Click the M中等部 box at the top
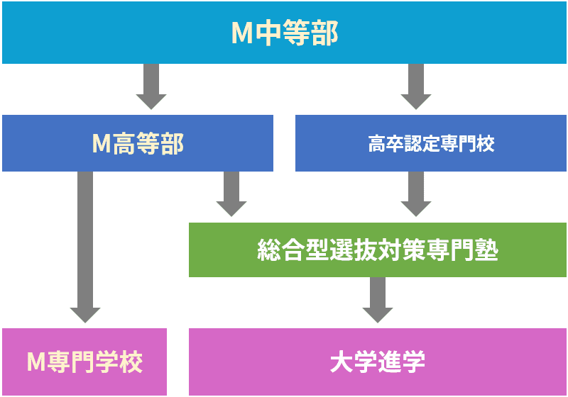[x=284, y=33]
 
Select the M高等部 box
[x=138, y=143]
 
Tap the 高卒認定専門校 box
[x=431, y=143]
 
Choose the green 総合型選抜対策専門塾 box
[x=378, y=250]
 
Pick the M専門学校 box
[x=84, y=362]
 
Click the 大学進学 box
[x=378, y=362]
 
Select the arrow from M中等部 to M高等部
[x=151, y=86]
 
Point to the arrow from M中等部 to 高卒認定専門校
[x=416, y=86]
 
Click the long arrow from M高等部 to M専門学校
[x=85, y=247]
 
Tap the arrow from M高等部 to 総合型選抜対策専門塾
[x=231, y=194]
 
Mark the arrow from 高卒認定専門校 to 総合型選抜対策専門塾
[x=416, y=194]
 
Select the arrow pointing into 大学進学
[x=378, y=300]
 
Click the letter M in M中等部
[x=242, y=33]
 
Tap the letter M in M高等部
[x=102, y=143]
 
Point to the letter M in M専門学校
[x=36, y=362]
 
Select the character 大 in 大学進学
[x=342, y=362]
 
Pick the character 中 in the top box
[x=268, y=33]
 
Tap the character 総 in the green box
[x=269, y=250]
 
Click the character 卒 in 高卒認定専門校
[x=395, y=143]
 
